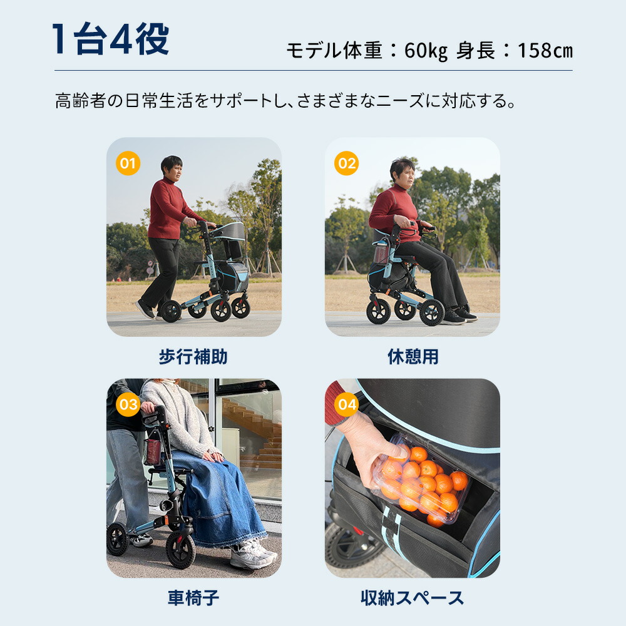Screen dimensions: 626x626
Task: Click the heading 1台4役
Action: click(111, 39)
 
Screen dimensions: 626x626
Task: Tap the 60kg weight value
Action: click(426, 50)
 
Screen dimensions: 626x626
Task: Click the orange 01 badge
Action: click(128, 164)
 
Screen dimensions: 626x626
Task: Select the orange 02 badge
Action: click(346, 164)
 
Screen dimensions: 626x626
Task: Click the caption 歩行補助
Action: click(193, 357)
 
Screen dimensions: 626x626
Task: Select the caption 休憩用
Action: click(412, 357)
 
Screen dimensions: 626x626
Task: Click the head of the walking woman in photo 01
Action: click(171, 167)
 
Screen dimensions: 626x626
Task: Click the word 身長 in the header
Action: click(475, 50)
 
